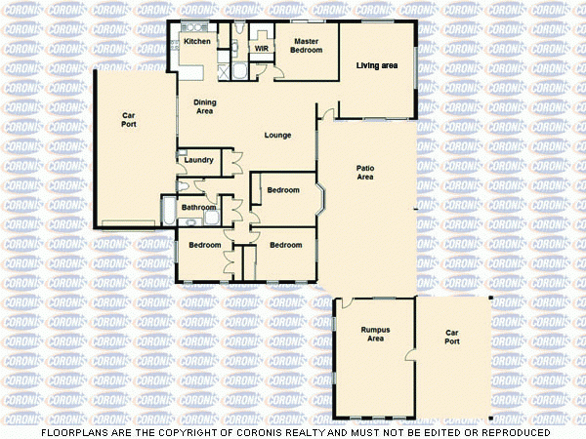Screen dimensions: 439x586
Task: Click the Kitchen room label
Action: (x=197, y=42)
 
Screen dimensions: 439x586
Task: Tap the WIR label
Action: (x=262, y=47)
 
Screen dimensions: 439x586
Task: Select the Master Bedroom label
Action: (x=307, y=45)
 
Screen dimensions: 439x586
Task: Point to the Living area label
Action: (x=376, y=65)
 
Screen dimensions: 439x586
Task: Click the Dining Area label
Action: (x=204, y=106)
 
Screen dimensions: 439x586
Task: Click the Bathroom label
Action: (x=198, y=207)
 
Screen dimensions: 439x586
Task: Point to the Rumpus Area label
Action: (x=375, y=335)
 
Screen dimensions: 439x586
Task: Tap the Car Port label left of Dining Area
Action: (x=129, y=119)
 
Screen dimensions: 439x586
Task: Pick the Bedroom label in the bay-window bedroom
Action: (x=282, y=189)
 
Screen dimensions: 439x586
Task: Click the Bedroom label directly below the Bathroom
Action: (x=204, y=244)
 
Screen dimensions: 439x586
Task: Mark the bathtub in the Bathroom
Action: (x=168, y=209)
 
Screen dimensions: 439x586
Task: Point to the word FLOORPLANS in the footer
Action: (x=74, y=431)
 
